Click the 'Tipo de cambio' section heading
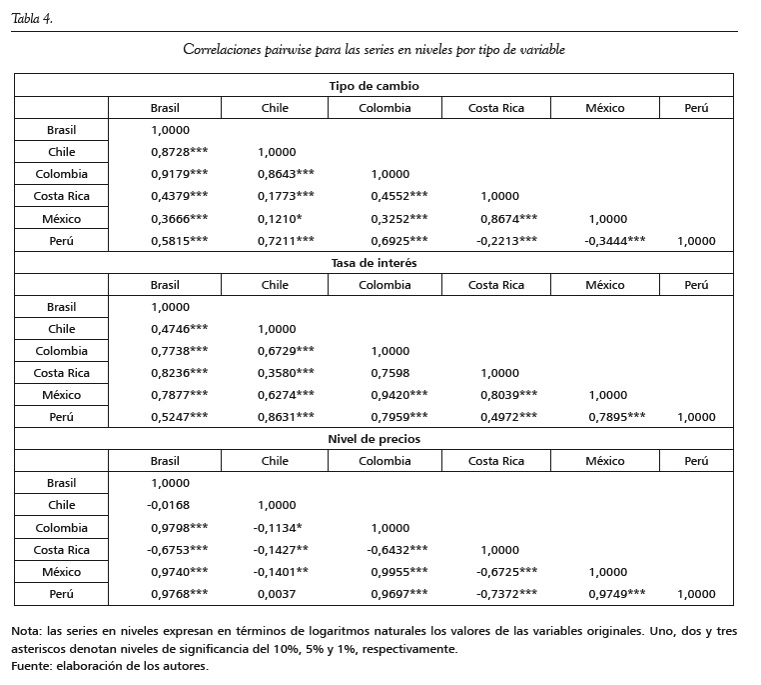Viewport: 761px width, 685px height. coord(374,86)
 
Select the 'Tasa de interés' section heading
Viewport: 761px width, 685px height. coord(374,263)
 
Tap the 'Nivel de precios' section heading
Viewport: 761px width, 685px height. coord(374,439)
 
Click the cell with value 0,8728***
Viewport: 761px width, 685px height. coord(179,152)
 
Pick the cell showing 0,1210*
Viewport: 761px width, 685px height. coord(280,219)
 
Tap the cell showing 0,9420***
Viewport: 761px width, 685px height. coord(398,395)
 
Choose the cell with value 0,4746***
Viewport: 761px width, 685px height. coord(179,329)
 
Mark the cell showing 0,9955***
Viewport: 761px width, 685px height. coord(398,572)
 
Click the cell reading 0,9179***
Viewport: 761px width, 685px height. coord(179,174)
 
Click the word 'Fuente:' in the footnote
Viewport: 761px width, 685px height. coord(31,666)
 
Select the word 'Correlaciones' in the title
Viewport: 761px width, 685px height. coord(221,49)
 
